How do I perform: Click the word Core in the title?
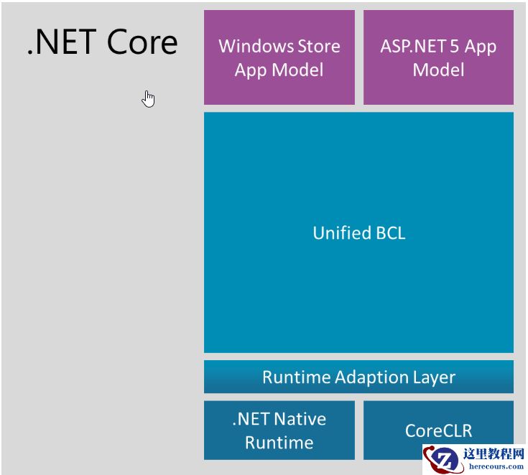pos(142,43)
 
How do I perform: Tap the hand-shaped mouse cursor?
pos(148,98)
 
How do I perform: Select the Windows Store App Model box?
pos(279,57)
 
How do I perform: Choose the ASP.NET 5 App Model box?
pos(438,57)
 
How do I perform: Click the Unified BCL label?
pos(358,232)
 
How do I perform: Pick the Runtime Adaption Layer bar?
pos(358,377)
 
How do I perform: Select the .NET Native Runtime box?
pos(279,431)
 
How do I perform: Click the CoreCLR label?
pos(438,431)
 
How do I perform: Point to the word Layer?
pos(433,377)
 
